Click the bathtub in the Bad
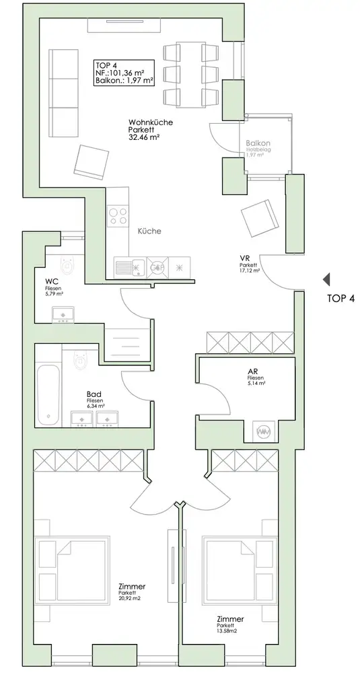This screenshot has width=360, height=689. click(49, 394)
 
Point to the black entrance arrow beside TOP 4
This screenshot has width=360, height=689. click(326, 279)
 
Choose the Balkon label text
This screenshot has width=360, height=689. click(258, 143)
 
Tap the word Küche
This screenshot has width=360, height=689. click(149, 231)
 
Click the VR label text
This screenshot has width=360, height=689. click(245, 258)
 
